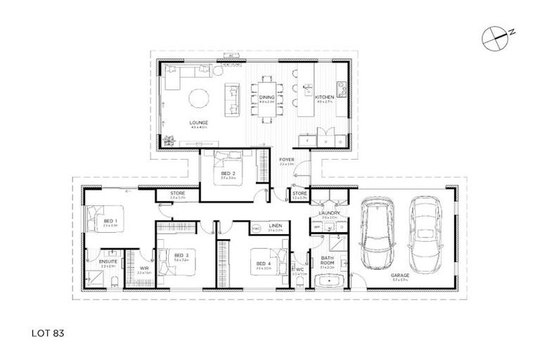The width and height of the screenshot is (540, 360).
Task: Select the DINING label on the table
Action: pos(266,98)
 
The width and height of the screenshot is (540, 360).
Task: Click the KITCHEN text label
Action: pos(324,98)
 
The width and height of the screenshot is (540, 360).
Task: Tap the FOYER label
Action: pos(286,160)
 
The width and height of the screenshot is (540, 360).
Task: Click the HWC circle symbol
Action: pos(257,229)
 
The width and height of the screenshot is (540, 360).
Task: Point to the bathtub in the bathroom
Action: pos(328,283)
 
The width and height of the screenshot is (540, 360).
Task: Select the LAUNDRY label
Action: pos(329,212)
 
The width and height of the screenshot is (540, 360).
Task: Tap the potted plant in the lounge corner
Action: pos(167,139)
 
